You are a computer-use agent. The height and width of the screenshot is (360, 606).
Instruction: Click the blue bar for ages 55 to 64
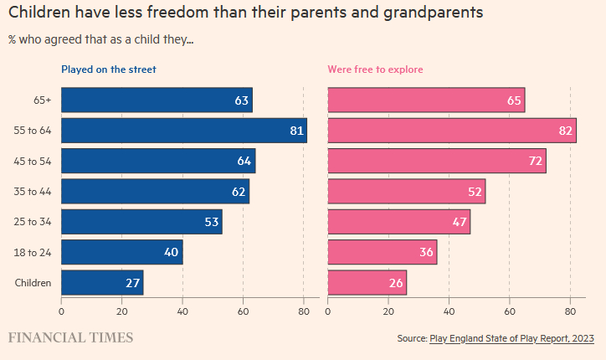[x=184, y=131]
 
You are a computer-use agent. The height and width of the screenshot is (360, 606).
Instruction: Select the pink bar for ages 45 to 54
[x=436, y=161]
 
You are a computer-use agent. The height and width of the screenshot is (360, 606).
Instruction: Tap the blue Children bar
[x=102, y=282]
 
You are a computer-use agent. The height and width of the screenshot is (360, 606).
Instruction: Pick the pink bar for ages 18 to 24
[x=382, y=252]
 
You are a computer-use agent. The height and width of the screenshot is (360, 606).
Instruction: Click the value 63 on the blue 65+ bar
[x=242, y=100]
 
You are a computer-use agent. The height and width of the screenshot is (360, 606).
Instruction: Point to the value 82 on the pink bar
[x=565, y=131]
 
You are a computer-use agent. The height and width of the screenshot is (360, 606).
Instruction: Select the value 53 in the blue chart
[x=212, y=222]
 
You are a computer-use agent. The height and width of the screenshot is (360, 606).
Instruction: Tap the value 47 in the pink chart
[x=460, y=222]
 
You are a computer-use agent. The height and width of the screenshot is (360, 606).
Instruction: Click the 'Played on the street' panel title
[x=109, y=69]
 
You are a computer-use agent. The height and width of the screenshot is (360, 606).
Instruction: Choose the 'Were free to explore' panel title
[x=375, y=69]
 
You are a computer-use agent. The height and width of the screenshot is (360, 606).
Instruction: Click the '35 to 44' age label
[x=34, y=192]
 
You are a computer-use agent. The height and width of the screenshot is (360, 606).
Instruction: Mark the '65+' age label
[x=42, y=100]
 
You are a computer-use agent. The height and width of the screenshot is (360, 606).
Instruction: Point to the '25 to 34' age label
[x=34, y=222]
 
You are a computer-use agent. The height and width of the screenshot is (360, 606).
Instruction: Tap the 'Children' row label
[x=33, y=283]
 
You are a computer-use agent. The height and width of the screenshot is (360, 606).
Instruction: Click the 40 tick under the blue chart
[x=182, y=311]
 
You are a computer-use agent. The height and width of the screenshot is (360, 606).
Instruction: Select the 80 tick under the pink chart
[x=570, y=311]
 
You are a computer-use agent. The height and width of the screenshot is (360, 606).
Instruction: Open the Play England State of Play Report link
[x=511, y=338]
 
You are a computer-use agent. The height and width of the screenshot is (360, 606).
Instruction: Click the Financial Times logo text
[x=70, y=337]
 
